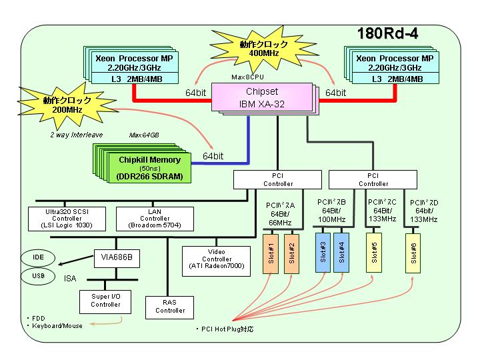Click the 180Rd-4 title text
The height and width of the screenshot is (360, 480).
coord(387,33)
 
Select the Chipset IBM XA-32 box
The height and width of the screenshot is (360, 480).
coord(262,97)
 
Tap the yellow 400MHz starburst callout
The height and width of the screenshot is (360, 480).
coord(263,49)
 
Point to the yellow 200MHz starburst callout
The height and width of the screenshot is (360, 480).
coord(67,105)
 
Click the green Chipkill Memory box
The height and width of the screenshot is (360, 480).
coord(150,168)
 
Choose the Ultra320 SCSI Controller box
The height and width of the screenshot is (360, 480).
coord(67,219)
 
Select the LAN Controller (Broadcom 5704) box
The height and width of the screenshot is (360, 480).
coord(155,219)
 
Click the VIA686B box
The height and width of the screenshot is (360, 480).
coord(117,258)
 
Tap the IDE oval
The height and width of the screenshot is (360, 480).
coord(38,257)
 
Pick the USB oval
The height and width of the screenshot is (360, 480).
coord(38,276)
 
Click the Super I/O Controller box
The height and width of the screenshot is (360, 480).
coord(105,301)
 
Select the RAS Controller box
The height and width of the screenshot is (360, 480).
coord(169,307)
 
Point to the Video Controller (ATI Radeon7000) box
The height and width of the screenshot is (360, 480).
coord(216,261)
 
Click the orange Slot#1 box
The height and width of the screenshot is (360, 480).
coord(271,254)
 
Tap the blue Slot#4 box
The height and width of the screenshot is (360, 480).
coord(341,253)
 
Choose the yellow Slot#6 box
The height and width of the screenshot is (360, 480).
coord(413,253)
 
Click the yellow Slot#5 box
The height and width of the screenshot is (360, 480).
coord(374,253)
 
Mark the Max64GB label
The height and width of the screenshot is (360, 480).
coord(144,135)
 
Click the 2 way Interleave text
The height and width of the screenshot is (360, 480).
coord(76,135)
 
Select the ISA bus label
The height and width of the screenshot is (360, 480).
coord(70,278)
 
